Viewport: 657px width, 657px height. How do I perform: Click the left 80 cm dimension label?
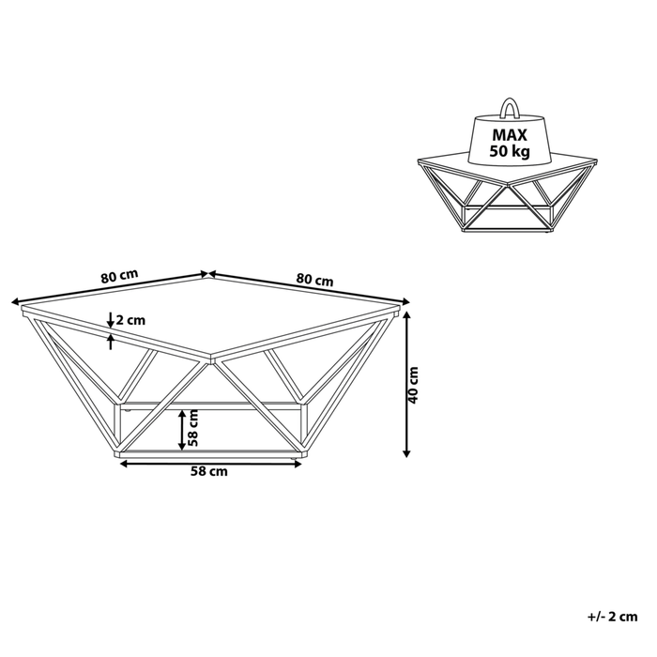pyautogui.click(x=119, y=276)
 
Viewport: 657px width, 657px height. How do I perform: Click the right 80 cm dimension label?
pyautogui.click(x=314, y=280)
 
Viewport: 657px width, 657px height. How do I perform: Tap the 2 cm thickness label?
pyautogui.click(x=130, y=321)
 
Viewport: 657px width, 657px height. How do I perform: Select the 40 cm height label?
pyautogui.click(x=413, y=385)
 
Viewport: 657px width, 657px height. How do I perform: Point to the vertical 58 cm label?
pyautogui.click(x=192, y=427)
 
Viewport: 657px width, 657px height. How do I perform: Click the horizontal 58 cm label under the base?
pyautogui.click(x=209, y=471)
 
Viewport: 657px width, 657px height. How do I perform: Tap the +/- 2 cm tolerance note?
pyautogui.click(x=613, y=617)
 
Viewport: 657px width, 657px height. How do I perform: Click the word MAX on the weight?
pyautogui.click(x=510, y=135)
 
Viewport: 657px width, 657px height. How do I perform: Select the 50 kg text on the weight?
pyautogui.click(x=510, y=151)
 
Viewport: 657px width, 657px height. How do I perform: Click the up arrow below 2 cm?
pyautogui.click(x=111, y=342)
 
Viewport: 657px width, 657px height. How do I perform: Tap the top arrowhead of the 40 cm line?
pyautogui.click(x=406, y=315)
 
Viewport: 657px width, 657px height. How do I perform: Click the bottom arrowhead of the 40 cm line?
pyautogui.click(x=406, y=452)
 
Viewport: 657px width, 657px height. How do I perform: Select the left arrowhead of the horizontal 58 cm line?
pyautogui.click(x=125, y=464)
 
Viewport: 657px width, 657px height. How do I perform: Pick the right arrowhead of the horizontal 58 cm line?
pyautogui.click(x=298, y=464)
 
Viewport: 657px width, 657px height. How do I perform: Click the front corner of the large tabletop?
pyautogui.click(x=212, y=359)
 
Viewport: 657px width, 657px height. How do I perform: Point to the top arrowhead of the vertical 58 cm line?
pyautogui.click(x=181, y=414)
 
